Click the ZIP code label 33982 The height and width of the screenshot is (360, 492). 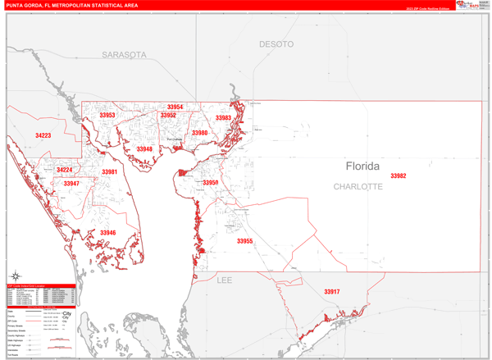click(x=399, y=176)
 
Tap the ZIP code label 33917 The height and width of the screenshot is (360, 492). click(x=331, y=292)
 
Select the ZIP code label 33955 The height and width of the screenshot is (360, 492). click(x=244, y=241)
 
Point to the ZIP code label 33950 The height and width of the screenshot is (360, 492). click(x=211, y=183)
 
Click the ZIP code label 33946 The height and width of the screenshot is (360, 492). click(x=108, y=233)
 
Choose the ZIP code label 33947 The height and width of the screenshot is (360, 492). click(x=71, y=184)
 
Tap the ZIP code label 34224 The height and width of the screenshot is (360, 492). click(x=64, y=171)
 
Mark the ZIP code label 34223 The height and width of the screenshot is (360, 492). click(x=43, y=135)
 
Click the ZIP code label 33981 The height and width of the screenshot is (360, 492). click(x=109, y=172)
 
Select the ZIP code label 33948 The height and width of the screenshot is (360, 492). click(x=144, y=149)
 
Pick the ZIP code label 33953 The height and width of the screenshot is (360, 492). click(x=107, y=116)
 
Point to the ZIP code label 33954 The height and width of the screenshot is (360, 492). click(x=175, y=107)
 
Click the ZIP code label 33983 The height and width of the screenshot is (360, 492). click(x=223, y=118)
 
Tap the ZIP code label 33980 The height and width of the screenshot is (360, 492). click(x=200, y=133)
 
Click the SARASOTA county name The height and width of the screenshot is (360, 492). click(x=124, y=55)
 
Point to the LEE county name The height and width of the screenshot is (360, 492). click(x=225, y=280)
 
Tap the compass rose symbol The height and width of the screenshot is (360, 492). click(x=16, y=276)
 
